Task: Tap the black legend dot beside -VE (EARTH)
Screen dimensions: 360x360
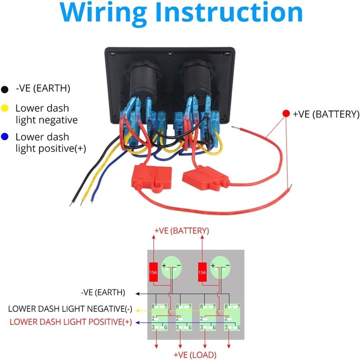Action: click(x=5, y=89)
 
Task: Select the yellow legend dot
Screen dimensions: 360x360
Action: click(x=5, y=108)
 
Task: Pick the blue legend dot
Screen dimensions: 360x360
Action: click(x=5, y=137)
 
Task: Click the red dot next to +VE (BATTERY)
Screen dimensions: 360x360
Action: click(x=286, y=114)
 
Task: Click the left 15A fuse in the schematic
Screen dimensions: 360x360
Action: click(x=153, y=271)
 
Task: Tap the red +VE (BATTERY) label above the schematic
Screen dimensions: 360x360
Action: click(x=181, y=231)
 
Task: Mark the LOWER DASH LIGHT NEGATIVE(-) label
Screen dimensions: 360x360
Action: click(x=70, y=309)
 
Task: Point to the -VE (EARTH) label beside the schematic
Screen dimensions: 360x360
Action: click(x=103, y=293)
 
